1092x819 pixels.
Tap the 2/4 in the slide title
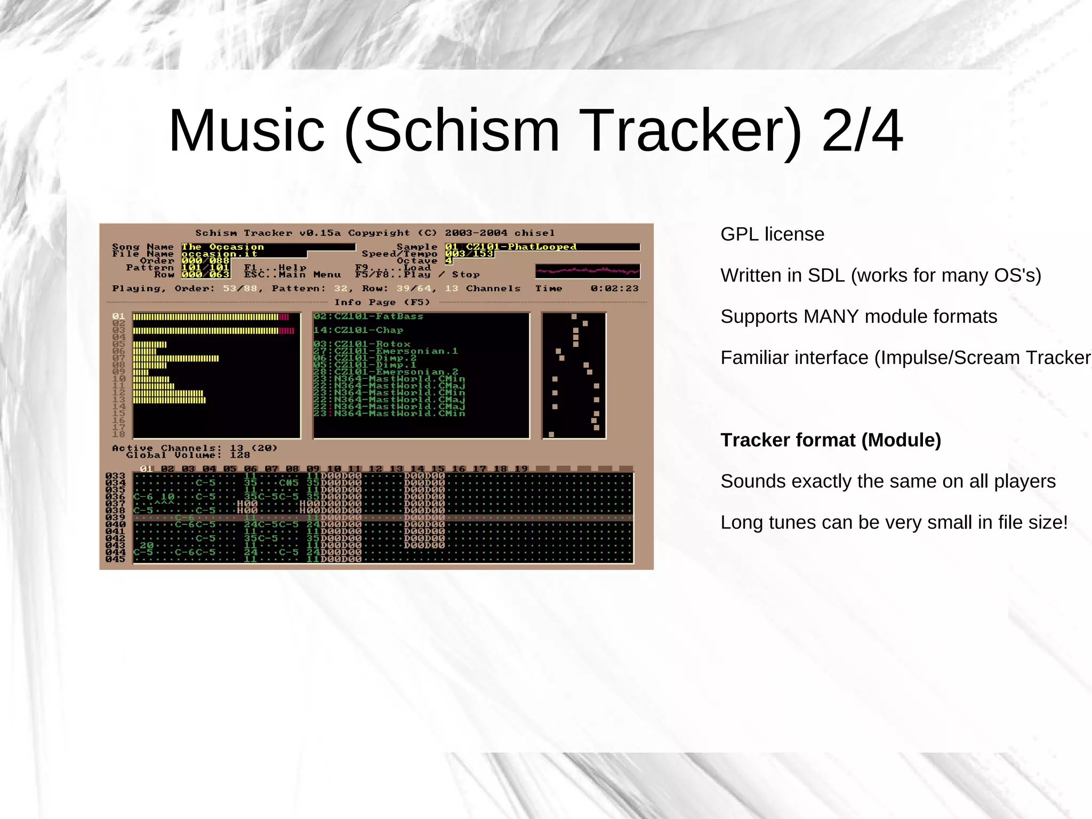tap(862, 130)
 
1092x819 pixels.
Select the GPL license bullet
tap(772, 234)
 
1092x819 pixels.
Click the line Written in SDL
tap(880, 275)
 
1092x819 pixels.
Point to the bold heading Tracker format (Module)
tap(830, 440)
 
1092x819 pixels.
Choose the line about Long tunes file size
tap(894, 522)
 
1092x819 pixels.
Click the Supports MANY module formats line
tap(858, 316)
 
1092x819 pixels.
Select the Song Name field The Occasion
tap(223, 247)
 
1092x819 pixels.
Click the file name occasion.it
tap(219, 254)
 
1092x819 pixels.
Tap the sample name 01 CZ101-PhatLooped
tap(511, 247)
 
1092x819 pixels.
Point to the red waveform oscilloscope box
tap(588, 271)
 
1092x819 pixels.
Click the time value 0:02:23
tap(614, 289)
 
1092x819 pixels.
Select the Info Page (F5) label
tap(382, 303)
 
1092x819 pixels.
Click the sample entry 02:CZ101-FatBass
tap(368, 316)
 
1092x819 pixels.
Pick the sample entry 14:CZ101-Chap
tap(358, 330)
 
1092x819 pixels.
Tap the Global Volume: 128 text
tap(188, 455)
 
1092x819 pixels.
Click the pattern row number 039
tap(115, 518)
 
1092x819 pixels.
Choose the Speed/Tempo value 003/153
tap(469, 254)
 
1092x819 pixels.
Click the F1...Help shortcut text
tap(275, 268)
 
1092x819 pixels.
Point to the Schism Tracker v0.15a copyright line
tap(375, 233)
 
